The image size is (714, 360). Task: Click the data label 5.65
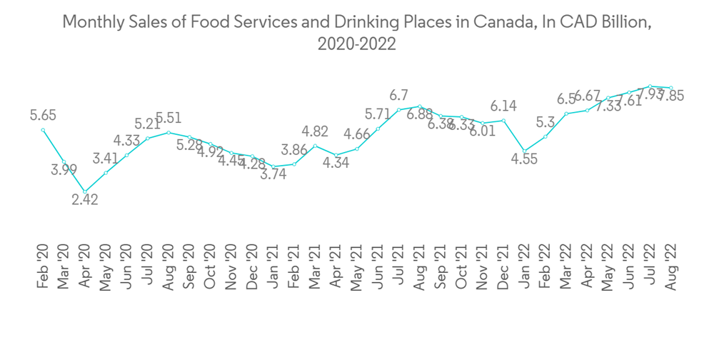tap(43, 114)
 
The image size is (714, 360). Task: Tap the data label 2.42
tap(85, 199)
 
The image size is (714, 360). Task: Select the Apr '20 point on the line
tap(85, 191)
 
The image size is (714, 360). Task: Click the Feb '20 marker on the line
tap(44, 130)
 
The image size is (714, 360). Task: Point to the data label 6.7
tap(398, 95)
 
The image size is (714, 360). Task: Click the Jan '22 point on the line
tap(525, 151)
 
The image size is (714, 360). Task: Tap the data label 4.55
tap(525, 160)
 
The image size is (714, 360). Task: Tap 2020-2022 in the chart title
tap(356, 44)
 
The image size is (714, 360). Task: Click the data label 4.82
tap(315, 131)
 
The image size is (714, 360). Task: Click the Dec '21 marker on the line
tap(503, 121)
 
